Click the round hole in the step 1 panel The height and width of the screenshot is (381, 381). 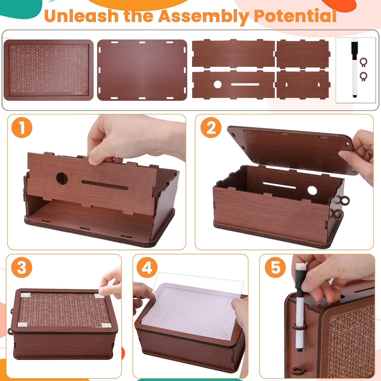[x=62, y=179]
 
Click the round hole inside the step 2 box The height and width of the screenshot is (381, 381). [x=312, y=190]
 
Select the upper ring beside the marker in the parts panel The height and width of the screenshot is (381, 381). [x=363, y=62]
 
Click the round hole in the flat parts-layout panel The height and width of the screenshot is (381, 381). [x=217, y=84]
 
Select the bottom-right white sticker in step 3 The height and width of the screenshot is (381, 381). [x=105, y=325]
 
